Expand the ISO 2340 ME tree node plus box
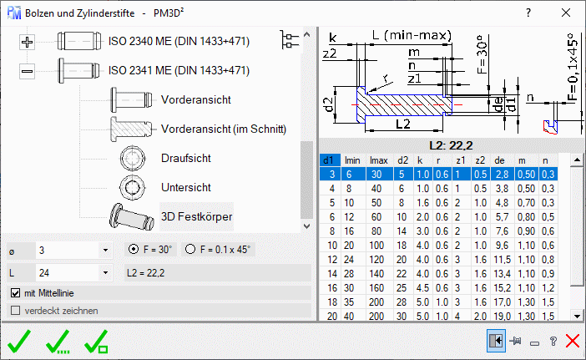27,42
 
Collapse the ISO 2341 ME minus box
27,71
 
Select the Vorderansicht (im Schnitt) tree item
224,129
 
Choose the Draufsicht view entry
186,158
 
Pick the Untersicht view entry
186,187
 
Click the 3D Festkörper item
196,217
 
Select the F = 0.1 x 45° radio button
190,250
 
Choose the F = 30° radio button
133,250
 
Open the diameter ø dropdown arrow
105,250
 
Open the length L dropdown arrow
105,273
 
